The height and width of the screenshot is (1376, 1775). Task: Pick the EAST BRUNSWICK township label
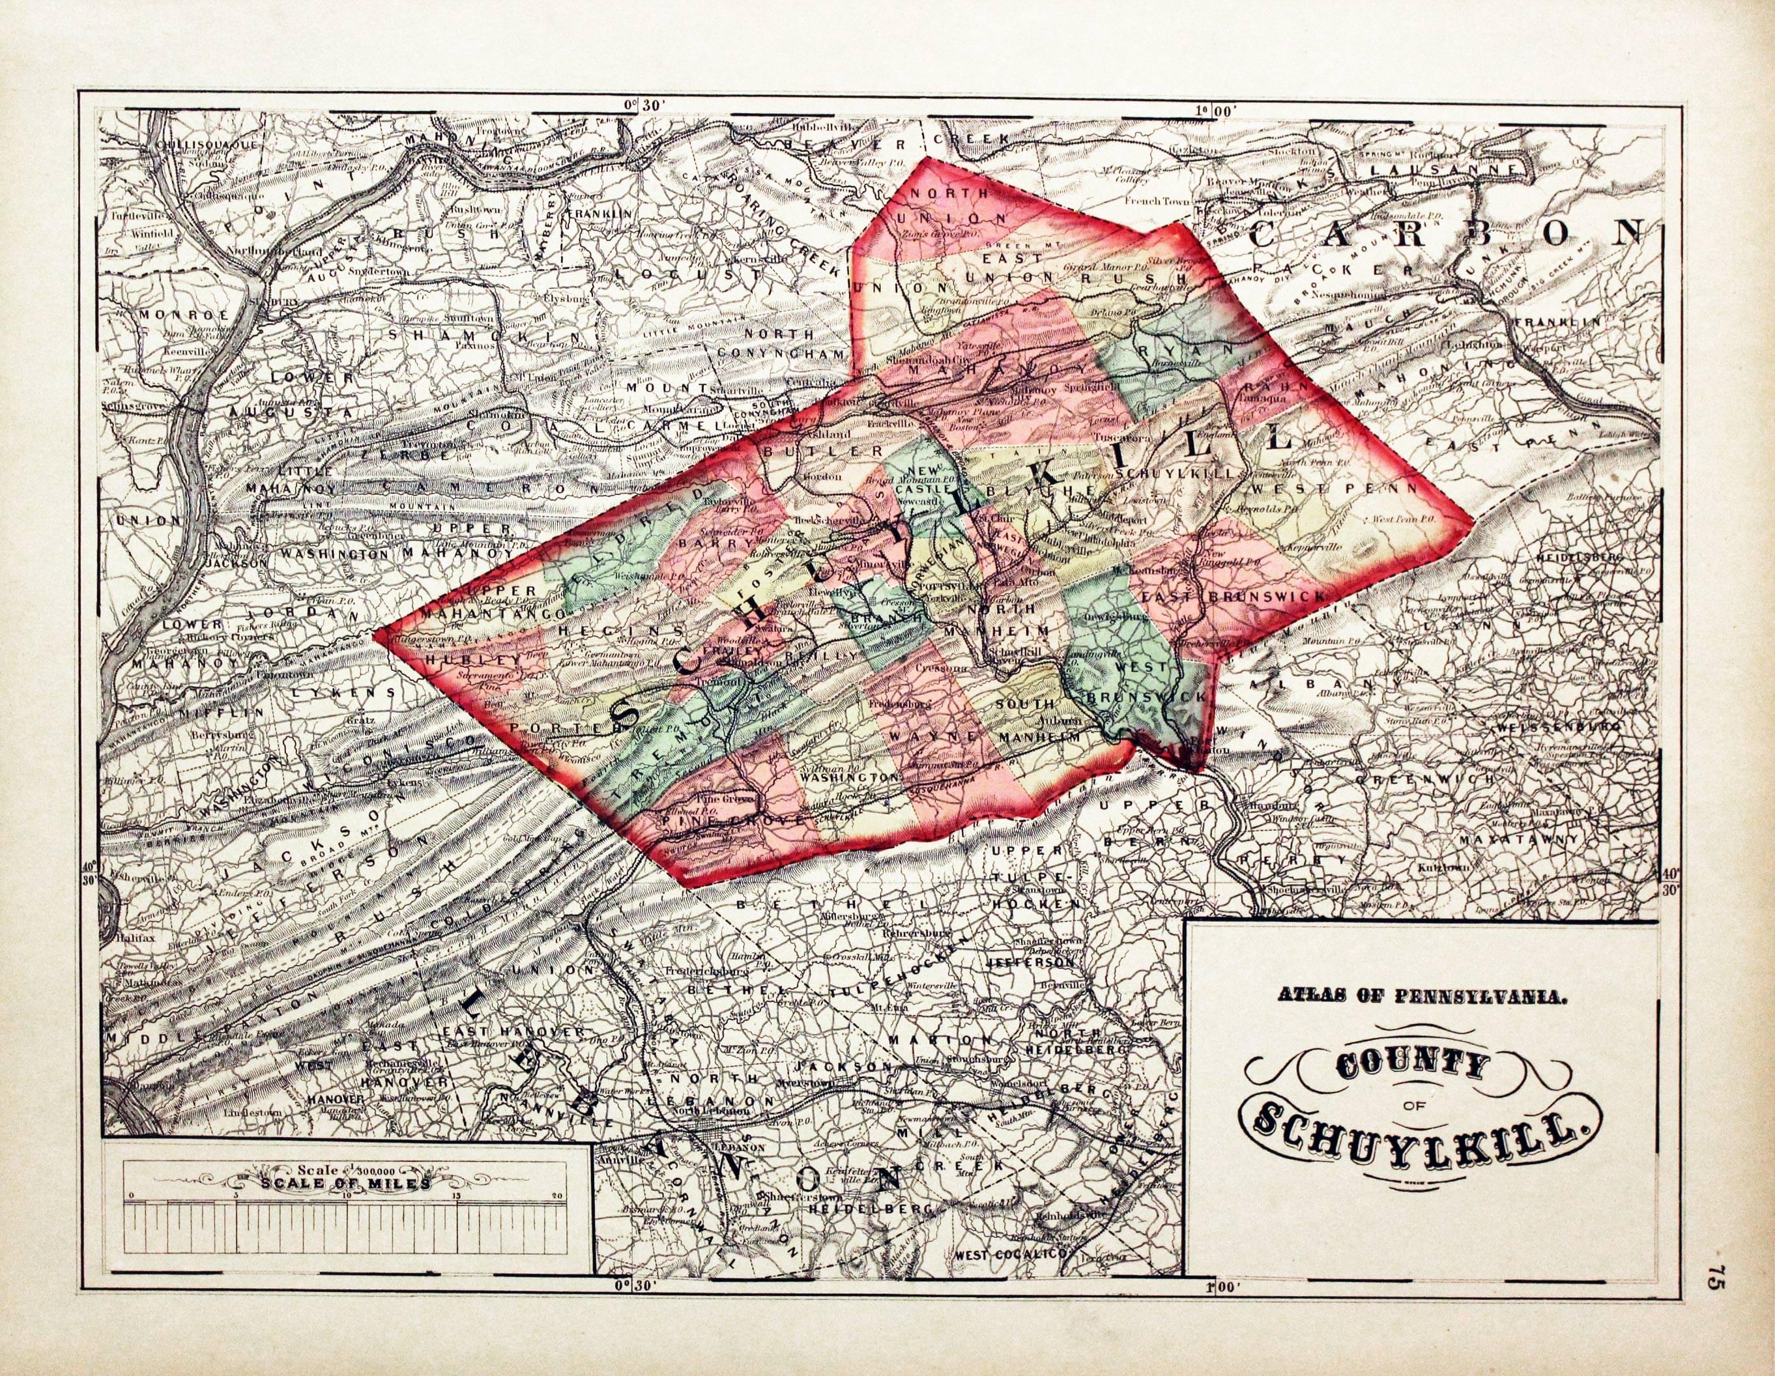(x=1233, y=598)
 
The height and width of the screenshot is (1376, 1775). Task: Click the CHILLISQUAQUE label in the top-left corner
(x=206, y=145)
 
